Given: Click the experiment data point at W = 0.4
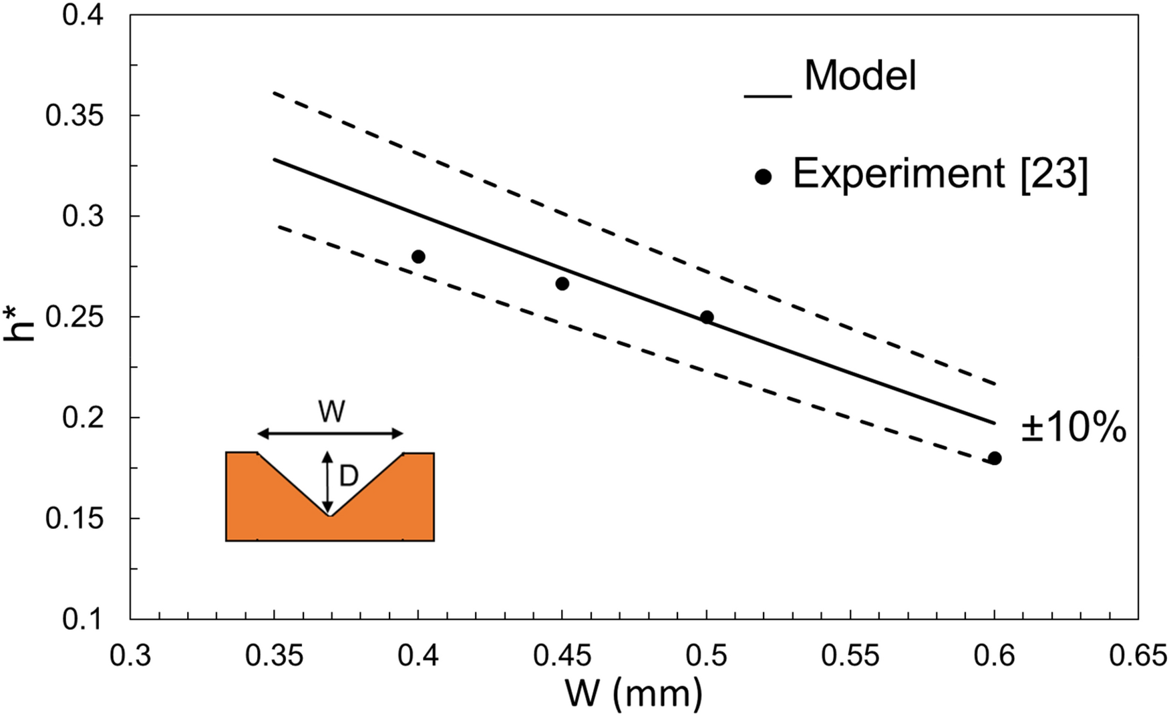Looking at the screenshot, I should tap(418, 256).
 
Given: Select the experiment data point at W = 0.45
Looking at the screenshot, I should tap(562, 284).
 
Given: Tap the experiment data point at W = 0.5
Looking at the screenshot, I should tap(707, 317).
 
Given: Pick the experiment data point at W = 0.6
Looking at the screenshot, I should tap(995, 458).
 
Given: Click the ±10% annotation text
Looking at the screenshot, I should tap(1073, 428).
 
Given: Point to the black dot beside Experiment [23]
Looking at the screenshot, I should tap(763, 177).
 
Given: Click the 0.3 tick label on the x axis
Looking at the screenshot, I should tap(130, 656).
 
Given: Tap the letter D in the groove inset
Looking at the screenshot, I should tap(349, 477).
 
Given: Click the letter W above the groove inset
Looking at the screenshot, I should tap(331, 412).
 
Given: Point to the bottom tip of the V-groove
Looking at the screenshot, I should tap(329, 516).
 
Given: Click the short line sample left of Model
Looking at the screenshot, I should tap(768, 98).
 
